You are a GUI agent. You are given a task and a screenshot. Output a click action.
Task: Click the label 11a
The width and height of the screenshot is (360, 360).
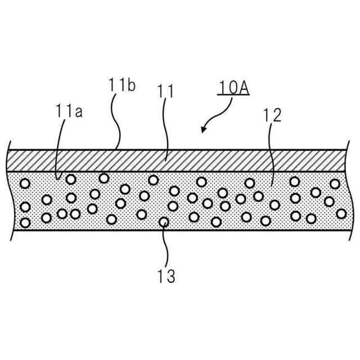tap(69, 111)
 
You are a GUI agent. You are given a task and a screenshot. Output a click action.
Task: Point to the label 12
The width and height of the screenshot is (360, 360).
tap(272, 115)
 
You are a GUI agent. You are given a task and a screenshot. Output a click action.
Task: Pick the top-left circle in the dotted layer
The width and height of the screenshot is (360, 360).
tap(25, 184)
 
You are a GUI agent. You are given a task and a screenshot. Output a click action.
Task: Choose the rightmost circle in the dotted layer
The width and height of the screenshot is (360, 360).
tap(341, 213)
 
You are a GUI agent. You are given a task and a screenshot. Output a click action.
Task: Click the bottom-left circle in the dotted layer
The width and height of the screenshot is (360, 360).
tap(25, 222)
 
